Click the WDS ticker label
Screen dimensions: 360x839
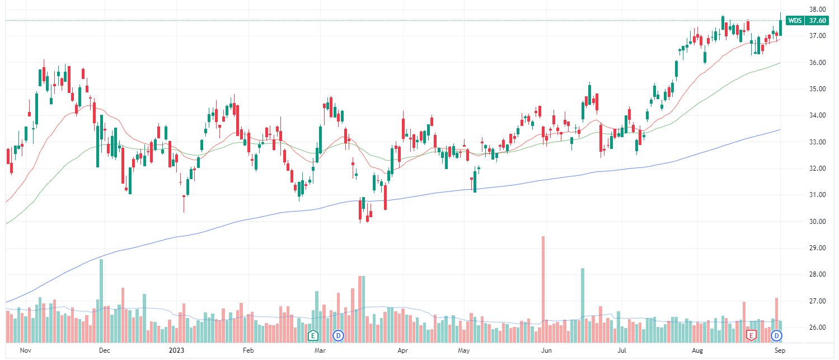tap(795, 21)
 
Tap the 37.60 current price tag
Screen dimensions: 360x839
tap(818, 21)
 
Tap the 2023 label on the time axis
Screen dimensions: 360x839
tap(176, 351)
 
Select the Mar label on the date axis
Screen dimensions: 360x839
tap(320, 351)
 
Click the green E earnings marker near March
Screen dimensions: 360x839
tap(313, 335)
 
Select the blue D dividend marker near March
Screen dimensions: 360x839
tap(338, 335)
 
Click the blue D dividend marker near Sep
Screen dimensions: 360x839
tap(777, 335)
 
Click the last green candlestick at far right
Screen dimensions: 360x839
tap(781, 27)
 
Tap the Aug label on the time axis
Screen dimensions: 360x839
tap(697, 351)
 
